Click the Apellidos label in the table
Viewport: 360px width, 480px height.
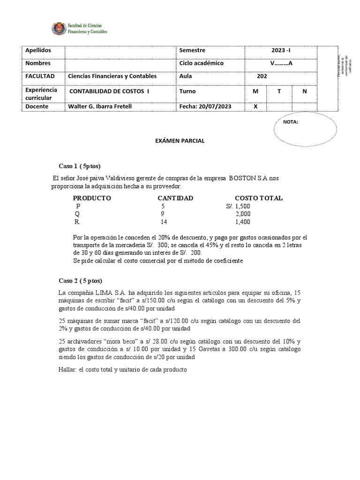pos(38,50)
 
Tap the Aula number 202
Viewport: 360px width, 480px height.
pos(262,76)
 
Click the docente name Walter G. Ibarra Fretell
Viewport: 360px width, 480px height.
pos(100,106)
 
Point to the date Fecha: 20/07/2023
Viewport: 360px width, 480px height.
pos(205,106)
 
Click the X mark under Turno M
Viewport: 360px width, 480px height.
pos(255,106)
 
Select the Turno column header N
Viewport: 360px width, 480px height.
pos(304,91)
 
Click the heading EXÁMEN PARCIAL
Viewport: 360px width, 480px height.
pos(180,141)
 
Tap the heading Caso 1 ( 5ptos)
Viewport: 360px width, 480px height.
pos(79,166)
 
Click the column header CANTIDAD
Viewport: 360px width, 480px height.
pos(175,198)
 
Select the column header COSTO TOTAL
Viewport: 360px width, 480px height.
pos(258,198)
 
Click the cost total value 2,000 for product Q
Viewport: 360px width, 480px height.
pos(243,214)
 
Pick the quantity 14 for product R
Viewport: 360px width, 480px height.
pos(164,222)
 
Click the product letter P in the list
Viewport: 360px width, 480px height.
pos(78,206)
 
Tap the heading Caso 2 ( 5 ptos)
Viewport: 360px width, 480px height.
pos(80,280)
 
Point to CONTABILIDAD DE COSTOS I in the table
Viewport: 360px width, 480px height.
pos(109,91)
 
